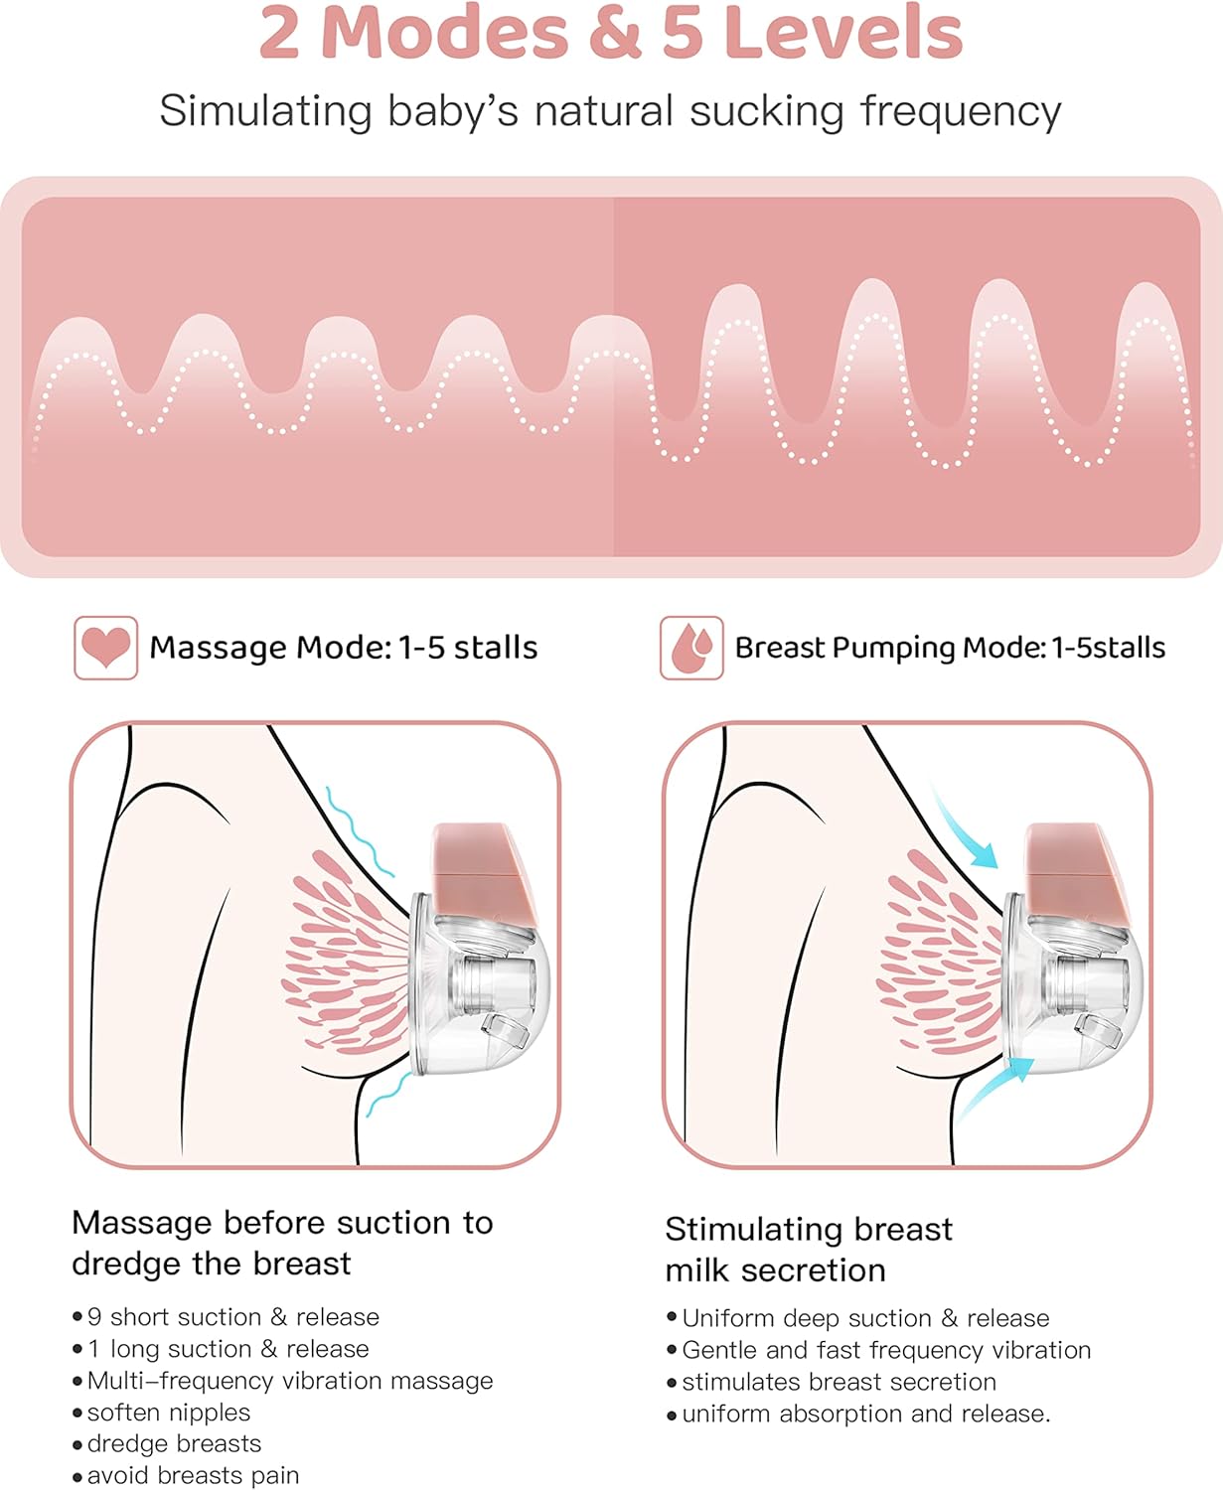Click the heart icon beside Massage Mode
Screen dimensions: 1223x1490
pyautogui.click(x=105, y=648)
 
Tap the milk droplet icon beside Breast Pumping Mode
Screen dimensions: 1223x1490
pyautogui.click(x=691, y=648)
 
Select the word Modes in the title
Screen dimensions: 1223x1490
pyautogui.click(x=445, y=34)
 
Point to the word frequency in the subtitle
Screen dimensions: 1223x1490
pyautogui.click(x=961, y=111)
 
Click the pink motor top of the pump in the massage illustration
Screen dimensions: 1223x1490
pyautogui.click(x=485, y=862)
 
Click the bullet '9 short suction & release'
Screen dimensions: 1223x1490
pyautogui.click(x=232, y=1317)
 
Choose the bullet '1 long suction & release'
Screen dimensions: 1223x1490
pyautogui.click(x=228, y=1349)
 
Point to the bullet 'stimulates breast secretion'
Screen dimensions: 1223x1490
pyautogui.click(x=839, y=1382)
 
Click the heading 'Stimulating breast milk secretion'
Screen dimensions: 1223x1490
pyautogui.click(x=809, y=1250)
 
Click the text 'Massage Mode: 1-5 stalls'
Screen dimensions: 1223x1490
pyautogui.click(x=343, y=648)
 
